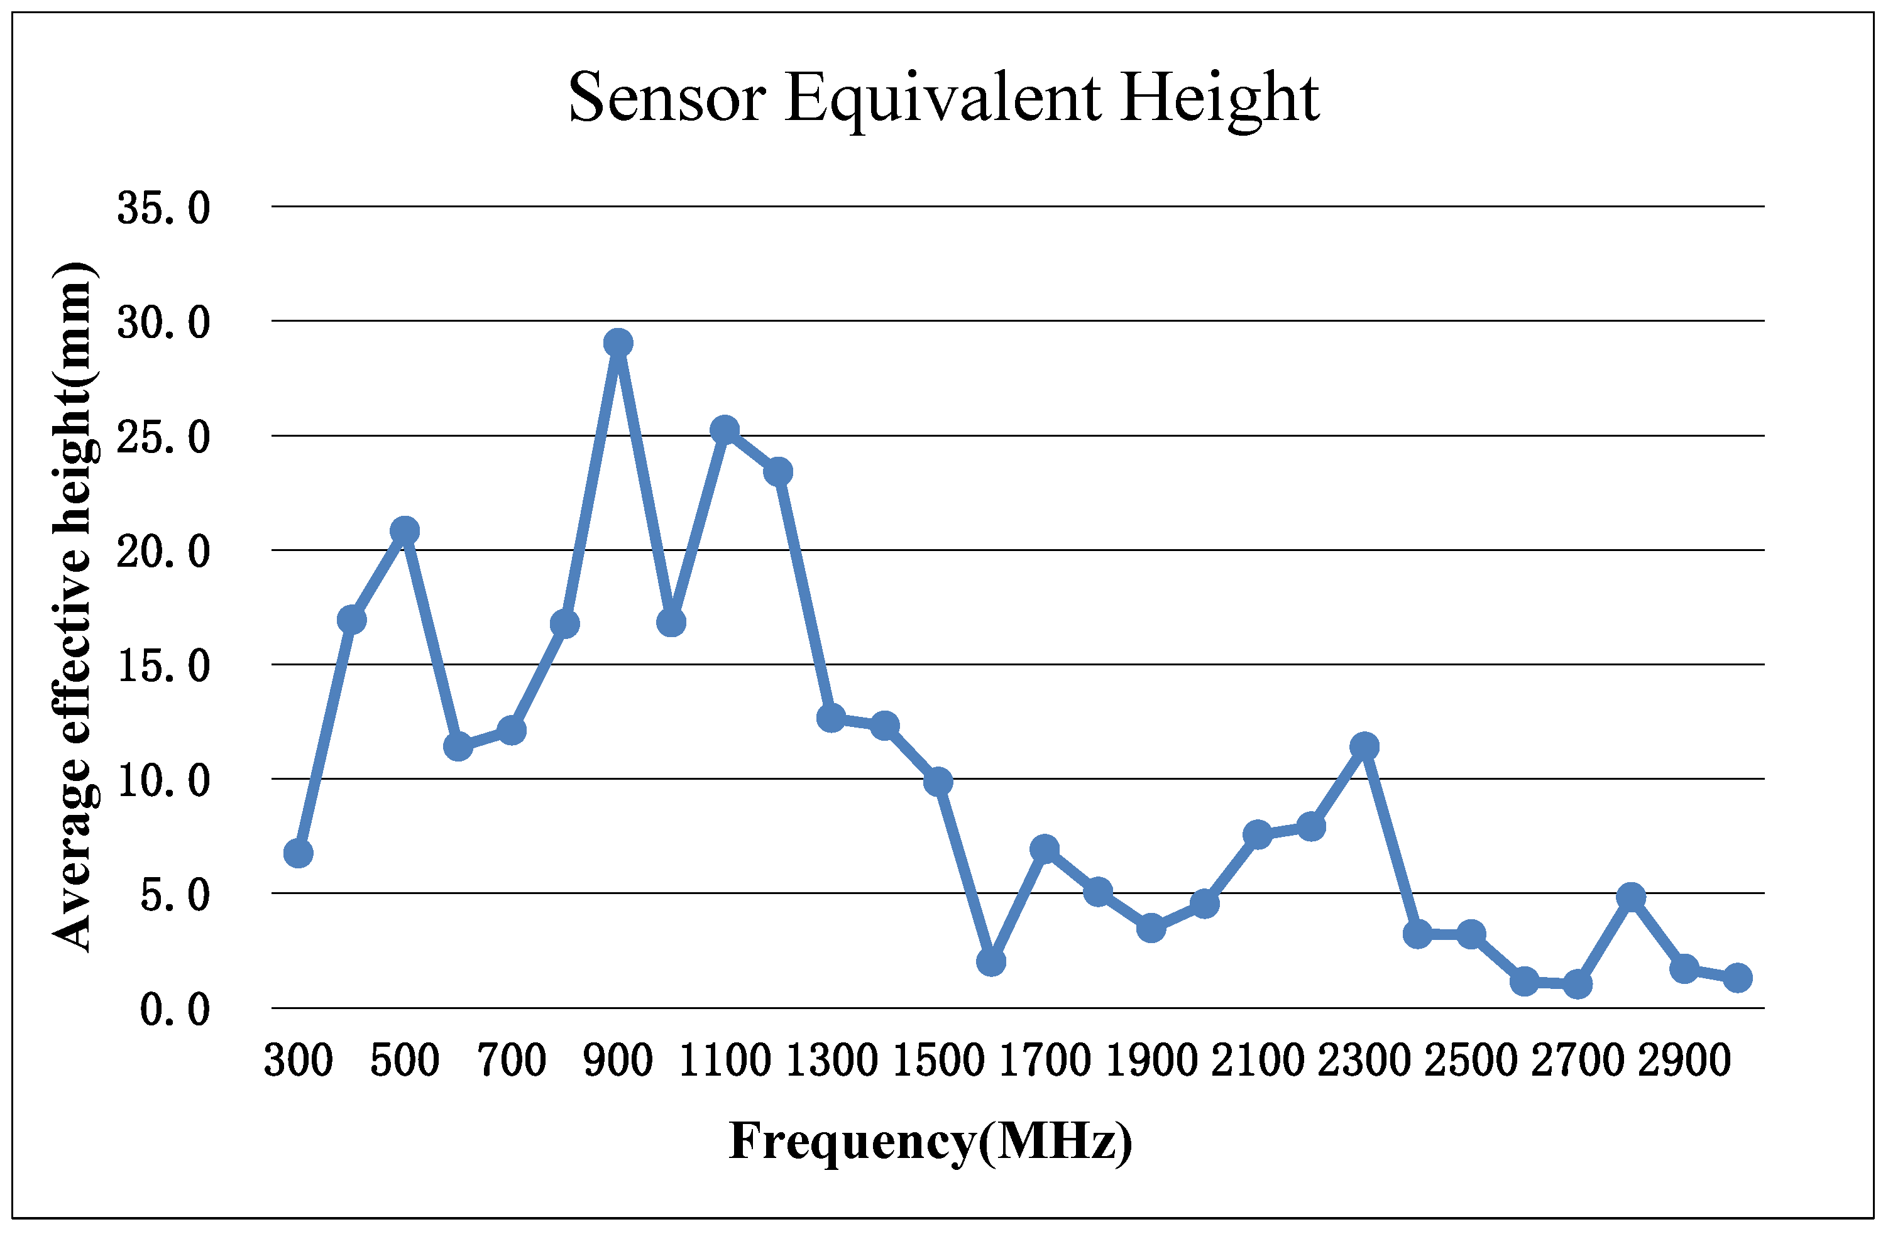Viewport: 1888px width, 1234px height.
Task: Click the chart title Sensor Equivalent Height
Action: pos(943,99)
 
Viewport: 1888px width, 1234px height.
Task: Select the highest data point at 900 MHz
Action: pos(618,344)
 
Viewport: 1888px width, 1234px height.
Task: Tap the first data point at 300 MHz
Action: pos(299,853)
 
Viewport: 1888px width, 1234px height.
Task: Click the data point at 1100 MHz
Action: pos(724,430)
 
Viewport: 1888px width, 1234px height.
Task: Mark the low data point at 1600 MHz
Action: pos(991,962)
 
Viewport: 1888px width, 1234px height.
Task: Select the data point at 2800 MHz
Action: pos(1630,898)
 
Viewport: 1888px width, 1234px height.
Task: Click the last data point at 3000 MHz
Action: pos(1737,978)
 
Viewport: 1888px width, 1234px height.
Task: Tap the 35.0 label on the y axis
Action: pos(163,209)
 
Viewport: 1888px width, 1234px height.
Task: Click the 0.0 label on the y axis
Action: pos(175,1010)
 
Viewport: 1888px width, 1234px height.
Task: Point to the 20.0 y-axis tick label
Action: pos(163,552)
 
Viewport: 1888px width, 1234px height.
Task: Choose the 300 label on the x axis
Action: pos(299,1061)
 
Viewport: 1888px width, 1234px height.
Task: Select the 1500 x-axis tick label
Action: pos(938,1061)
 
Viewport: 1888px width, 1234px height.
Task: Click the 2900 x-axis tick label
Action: pos(1683,1061)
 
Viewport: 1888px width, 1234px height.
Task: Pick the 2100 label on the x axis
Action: pos(1258,1061)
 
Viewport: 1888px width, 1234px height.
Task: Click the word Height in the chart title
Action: pos(1219,99)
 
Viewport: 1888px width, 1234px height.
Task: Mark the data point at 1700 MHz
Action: pos(1044,849)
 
